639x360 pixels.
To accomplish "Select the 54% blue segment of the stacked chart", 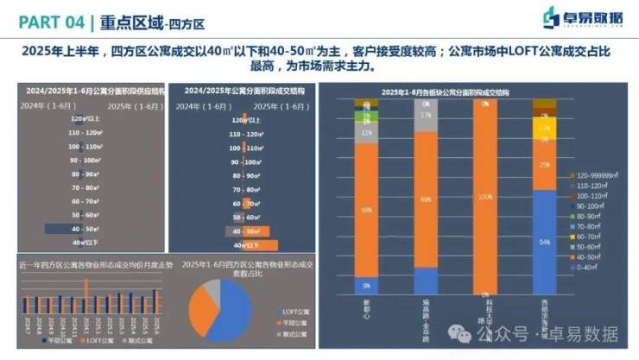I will pos(541,243).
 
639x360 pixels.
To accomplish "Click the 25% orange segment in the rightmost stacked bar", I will pos(541,165).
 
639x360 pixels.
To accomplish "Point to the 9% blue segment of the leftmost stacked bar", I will pos(366,285).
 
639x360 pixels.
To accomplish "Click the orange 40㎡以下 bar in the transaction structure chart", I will pos(259,244).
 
